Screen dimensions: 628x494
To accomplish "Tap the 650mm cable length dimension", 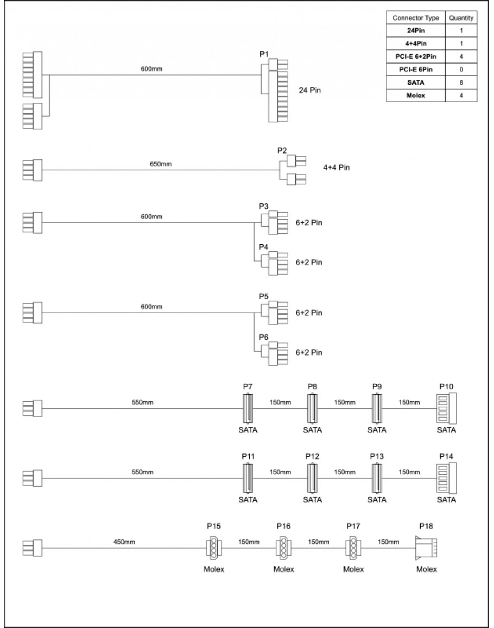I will [x=157, y=164].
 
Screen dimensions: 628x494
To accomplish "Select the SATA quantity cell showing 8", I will [x=461, y=83].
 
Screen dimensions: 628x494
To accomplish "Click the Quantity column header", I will [x=461, y=18].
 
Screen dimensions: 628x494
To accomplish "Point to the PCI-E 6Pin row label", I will [x=416, y=70].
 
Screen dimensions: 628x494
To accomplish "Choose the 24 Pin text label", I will [x=310, y=91].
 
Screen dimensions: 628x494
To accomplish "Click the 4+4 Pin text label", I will [x=336, y=167].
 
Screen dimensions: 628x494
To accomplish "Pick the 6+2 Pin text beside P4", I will [x=309, y=262].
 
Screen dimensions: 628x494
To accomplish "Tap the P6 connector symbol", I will [x=274, y=352].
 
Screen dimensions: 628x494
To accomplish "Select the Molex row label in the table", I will [x=416, y=96].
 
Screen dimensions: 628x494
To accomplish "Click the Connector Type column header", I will [x=416, y=18].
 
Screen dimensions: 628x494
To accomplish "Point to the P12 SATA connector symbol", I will [x=312, y=478].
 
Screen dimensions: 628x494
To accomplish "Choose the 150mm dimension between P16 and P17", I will [x=318, y=542].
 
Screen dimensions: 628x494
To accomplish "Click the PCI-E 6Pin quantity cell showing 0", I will [x=461, y=70].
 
